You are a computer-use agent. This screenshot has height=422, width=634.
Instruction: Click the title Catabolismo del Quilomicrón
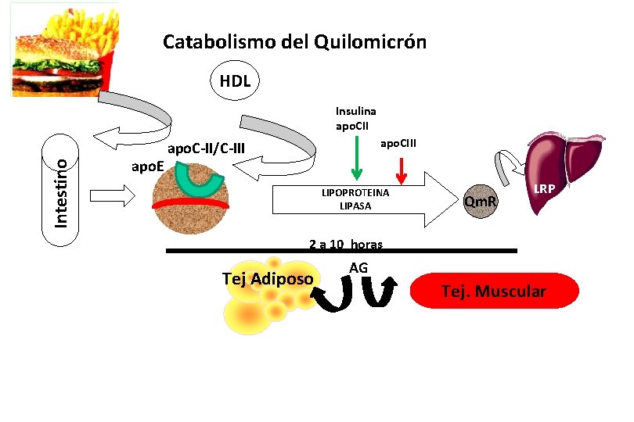tap(294, 41)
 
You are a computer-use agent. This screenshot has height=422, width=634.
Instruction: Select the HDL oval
tap(236, 80)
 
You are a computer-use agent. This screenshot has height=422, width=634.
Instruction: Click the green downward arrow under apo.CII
tap(356, 165)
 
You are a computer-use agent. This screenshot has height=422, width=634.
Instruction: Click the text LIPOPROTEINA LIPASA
tap(355, 199)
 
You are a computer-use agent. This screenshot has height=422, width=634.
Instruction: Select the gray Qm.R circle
tap(480, 204)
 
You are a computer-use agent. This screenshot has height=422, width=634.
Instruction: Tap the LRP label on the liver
tap(545, 188)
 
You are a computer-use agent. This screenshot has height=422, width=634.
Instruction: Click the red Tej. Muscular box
tap(495, 291)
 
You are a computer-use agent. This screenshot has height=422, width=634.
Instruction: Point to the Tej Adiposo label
tap(268, 279)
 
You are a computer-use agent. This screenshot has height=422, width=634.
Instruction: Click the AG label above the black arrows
tap(358, 268)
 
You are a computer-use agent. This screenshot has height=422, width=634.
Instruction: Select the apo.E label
tap(147, 166)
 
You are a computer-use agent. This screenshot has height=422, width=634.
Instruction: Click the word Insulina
tap(356, 112)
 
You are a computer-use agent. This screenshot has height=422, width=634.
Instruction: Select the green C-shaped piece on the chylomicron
tap(197, 182)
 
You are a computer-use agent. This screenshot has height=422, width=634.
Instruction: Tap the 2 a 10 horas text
tap(345, 244)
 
